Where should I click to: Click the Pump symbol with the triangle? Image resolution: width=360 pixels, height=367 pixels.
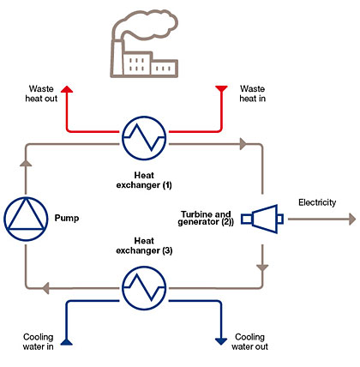(x=26, y=219)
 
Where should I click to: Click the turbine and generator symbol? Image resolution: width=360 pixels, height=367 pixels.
(x=262, y=219)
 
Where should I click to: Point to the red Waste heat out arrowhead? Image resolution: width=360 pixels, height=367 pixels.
(x=67, y=89)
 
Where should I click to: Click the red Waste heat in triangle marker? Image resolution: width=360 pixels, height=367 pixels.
(x=221, y=88)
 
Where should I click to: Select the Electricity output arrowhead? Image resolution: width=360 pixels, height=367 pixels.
(x=352, y=220)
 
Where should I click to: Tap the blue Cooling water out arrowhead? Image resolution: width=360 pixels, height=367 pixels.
(x=221, y=341)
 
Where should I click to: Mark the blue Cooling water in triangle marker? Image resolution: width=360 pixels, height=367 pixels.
(x=67, y=342)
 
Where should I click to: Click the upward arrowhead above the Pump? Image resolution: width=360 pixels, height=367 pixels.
(x=26, y=163)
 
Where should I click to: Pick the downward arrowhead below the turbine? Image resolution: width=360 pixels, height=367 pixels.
(x=262, y=268)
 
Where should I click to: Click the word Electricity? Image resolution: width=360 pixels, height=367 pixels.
(x=317, y=202)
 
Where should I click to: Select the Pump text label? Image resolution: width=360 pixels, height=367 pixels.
(x=67, y=218)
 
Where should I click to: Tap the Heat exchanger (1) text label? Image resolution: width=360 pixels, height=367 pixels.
(x=144, y=180)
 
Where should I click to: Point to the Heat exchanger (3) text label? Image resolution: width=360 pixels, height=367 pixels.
(x=144, y=245)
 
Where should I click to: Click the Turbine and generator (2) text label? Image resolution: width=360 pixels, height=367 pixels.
(x=206, y=218)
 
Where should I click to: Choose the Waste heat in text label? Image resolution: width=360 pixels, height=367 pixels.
(x=252, y=93)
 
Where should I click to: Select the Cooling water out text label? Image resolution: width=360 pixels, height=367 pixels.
(x=249, y=342)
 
